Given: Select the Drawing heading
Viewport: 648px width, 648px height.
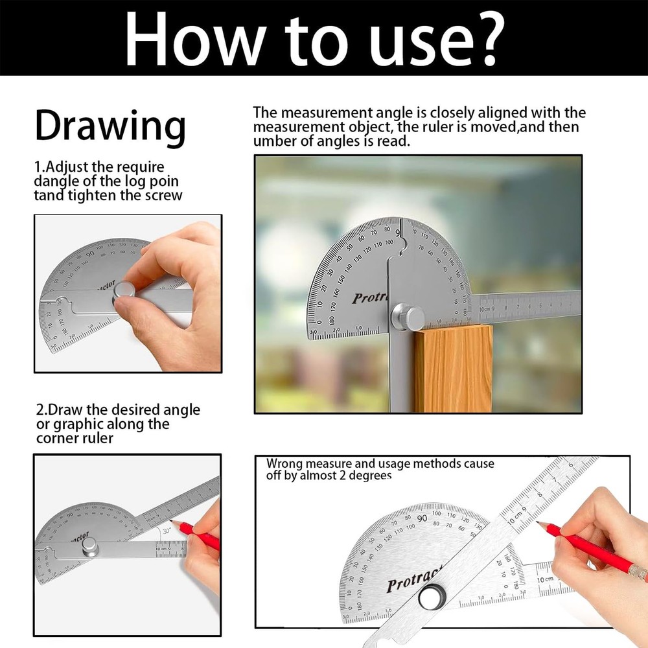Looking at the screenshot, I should [110, 126].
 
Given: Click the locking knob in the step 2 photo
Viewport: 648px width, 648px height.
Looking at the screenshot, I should [89, 547].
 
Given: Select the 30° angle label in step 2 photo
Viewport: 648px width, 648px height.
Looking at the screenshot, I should [167, 529].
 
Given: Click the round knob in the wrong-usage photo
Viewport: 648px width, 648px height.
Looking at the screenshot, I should [430, 597].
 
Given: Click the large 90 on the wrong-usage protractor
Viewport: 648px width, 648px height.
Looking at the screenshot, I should [422, 518].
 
